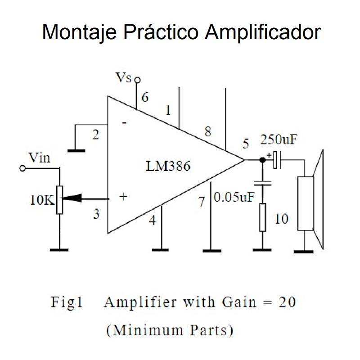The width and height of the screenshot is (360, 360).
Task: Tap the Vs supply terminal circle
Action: (x=138, y=80)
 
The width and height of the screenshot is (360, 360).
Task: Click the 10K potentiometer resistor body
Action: (x=59, y=198)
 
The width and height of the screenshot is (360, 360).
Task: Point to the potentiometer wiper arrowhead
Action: (x=72, y=198)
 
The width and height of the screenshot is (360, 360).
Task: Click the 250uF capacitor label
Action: (x=279, y=140)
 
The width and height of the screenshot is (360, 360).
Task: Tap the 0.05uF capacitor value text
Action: (x=234, y=197)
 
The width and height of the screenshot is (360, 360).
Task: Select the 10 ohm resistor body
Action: (x=263, y=217)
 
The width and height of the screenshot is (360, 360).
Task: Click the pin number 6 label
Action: (x=145, y=97)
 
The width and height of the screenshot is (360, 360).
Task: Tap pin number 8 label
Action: (x=207, y=132)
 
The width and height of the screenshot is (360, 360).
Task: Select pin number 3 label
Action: (x=96, y=214)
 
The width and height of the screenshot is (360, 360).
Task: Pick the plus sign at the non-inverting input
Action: (x=123, y=197)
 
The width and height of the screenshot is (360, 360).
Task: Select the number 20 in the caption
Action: (x=287, y=302)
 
